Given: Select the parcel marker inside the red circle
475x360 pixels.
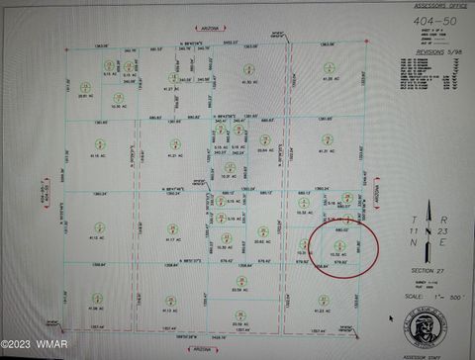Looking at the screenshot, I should pyautogui.click(x=340, y=244).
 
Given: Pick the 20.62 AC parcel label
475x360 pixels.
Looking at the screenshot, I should pyautogui.click(x=263, y=241).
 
